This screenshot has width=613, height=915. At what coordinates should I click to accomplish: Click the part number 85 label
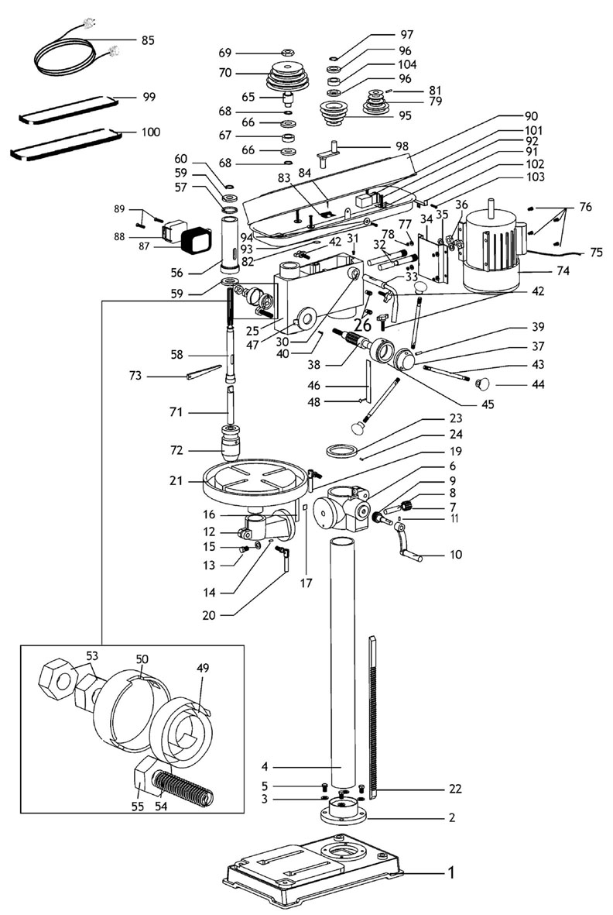pyautogui.click(x=148, y=40)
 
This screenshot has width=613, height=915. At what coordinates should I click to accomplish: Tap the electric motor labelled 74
pyautogui.click(x=491, y=248)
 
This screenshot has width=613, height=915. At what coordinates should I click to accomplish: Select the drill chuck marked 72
pyautogui.click(x=235, y=442)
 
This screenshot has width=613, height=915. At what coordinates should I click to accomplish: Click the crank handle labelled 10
pyautogui.click(x=407, y=542)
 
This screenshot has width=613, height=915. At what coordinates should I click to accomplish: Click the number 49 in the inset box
pyautogui.click(x=203, y=668)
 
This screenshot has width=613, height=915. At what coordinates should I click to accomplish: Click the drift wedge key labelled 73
pyautogui.click(x=204, y=372)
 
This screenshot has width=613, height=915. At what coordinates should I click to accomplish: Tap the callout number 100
pyautogui.click(x=150, y=132)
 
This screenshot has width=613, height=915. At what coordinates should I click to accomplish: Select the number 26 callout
pyautogui.click(x=362, y=325)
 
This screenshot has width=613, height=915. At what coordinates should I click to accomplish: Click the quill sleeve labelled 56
pyautogui.click(x=230, y=243)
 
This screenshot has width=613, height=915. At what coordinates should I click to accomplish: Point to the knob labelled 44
pyautogui.click(x=482, y=384)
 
